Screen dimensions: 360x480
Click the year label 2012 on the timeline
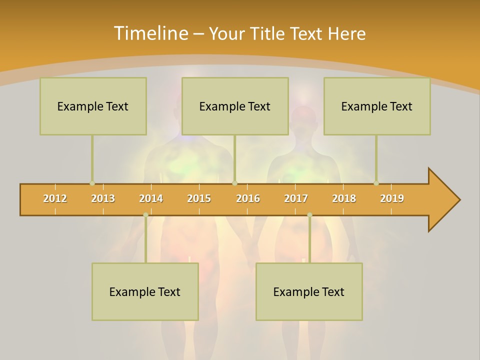(55, 198)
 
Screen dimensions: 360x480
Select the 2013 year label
(103, 198)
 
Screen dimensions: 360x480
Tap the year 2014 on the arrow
(151, 198)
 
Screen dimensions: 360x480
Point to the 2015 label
(199, 198)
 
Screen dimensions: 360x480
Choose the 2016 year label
(248, 198)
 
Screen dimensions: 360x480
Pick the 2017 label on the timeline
(296, 198)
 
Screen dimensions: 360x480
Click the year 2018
(344, 198)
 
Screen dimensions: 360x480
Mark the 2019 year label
(392, 198)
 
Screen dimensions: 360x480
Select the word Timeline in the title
(150, 33)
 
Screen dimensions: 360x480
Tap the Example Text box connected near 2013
(93, 106)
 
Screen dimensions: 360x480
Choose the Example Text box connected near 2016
(235, 106)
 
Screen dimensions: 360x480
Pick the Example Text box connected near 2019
(377, 106)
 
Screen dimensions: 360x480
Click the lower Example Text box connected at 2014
(145, 291)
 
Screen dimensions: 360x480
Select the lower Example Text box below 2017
(309, 291)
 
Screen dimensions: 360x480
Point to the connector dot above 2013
(92, 183)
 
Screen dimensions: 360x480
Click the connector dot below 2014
(145, 215)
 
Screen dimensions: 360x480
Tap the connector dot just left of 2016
(235, 183)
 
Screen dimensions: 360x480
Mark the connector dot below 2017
(309, 215)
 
